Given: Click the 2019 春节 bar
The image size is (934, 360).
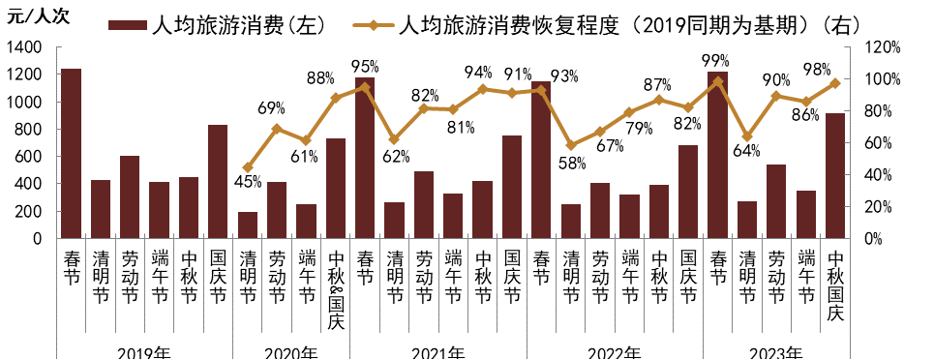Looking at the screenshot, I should click(x=71, y=153).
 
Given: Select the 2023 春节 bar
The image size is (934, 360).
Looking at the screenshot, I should click(x=717, y=155).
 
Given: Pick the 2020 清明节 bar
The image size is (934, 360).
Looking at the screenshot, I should click(x=248, y=225).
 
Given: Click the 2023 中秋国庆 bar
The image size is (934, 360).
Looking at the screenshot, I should click(x=834, y=175).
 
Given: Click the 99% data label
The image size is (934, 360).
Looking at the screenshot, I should click(x=717, y=62).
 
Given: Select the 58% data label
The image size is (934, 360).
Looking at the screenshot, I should click(x=572, y=163).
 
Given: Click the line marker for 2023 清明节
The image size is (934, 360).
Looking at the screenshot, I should click(x=746, y=136).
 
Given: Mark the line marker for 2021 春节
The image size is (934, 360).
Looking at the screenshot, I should click(x=365, y=86).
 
